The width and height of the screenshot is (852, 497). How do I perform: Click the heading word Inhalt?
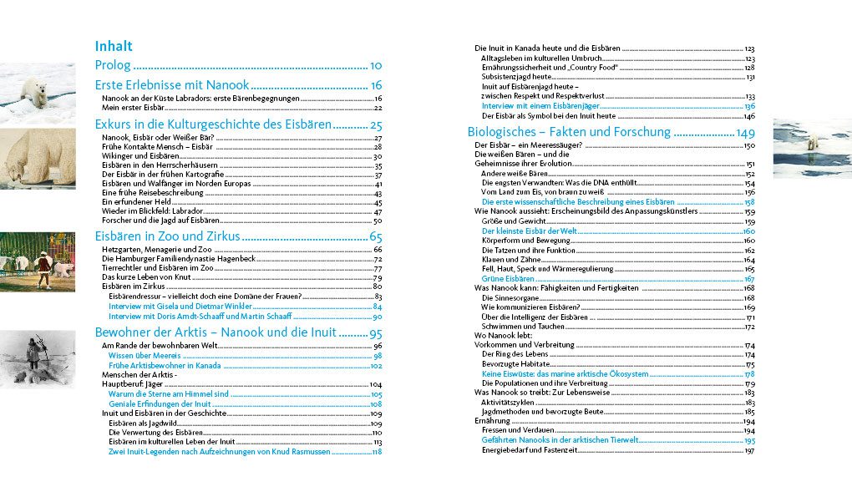pyautogui.click(x=114, y=46)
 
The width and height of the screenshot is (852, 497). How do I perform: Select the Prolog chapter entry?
pyautogui.click(x=113, y=65)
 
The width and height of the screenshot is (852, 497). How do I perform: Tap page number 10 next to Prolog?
pyautogui.click(x=376, y=65)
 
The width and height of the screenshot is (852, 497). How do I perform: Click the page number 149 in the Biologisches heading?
pyautogui.click(x=745, y=133)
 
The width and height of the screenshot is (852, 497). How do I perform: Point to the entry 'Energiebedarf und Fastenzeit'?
pyautogui.click(x=530, y=450)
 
